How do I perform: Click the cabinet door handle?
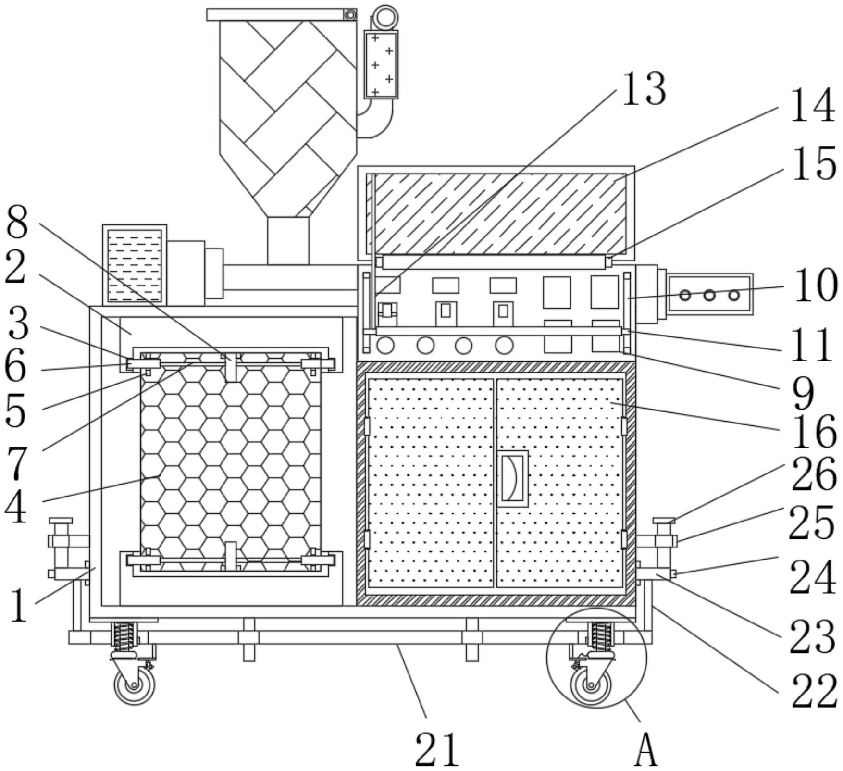[512, 478]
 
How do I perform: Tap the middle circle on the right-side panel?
[709, 295]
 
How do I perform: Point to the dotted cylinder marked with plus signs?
[381, 64]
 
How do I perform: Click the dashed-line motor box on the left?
[135, 265]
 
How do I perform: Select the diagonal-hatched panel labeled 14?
[500, 213]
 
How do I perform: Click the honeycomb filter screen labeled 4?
[231, 461]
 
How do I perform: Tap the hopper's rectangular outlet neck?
[288, 240]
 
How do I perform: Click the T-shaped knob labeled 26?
[664, 521]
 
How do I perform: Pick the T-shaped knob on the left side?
[61, 521]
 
